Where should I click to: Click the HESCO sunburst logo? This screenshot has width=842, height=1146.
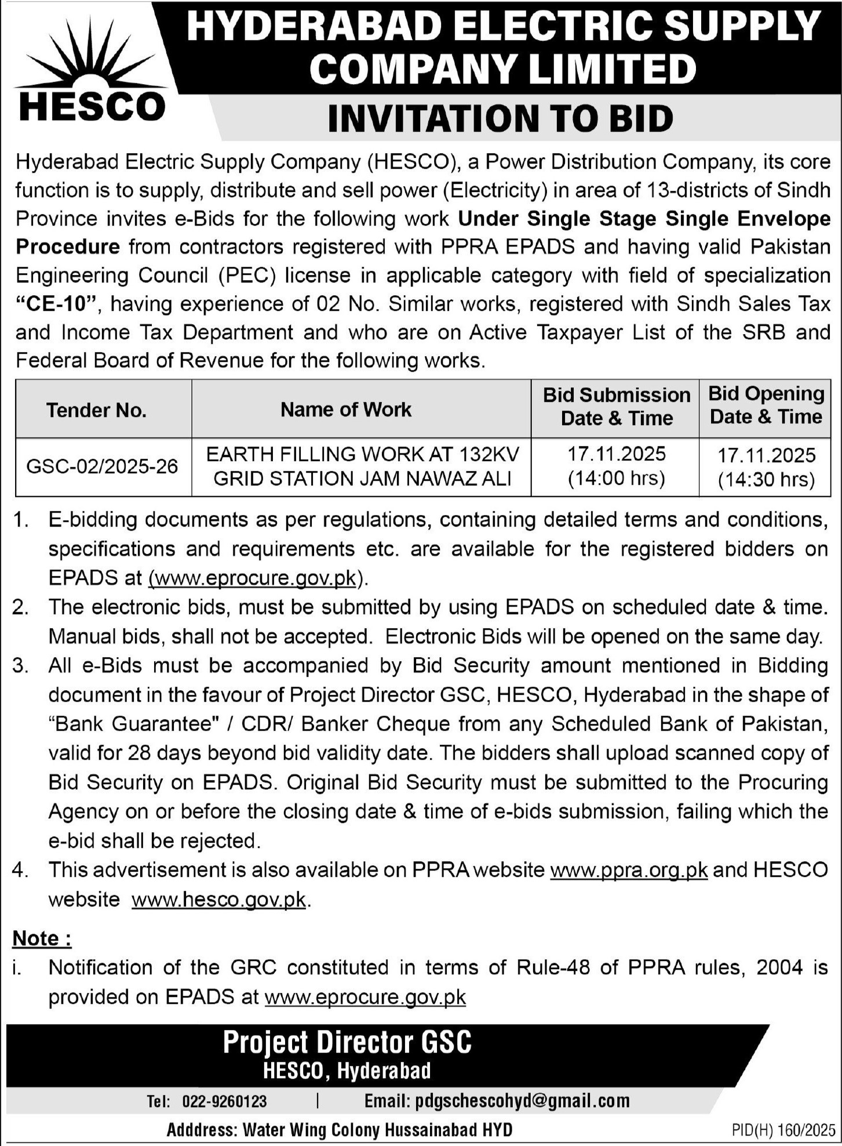92,70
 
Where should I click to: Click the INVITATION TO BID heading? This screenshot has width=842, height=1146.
500,118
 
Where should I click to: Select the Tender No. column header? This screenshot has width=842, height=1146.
96,410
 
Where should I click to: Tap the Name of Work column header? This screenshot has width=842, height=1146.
346,409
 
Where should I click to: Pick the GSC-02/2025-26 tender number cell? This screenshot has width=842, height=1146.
102,466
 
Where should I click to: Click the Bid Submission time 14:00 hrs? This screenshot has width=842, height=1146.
617,478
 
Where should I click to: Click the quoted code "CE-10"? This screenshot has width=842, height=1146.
57,304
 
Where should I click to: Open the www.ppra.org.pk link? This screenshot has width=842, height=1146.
629,870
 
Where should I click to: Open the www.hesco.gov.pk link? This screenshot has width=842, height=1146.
218,900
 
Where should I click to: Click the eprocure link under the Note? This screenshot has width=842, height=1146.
365,997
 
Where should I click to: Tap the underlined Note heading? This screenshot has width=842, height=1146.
42,938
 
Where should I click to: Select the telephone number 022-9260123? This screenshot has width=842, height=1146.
224,1101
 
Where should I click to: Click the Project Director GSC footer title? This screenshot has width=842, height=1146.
347,1043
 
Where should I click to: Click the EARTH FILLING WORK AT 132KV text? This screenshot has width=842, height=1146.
363,454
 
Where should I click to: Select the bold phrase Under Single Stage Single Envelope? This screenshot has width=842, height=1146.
644,219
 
